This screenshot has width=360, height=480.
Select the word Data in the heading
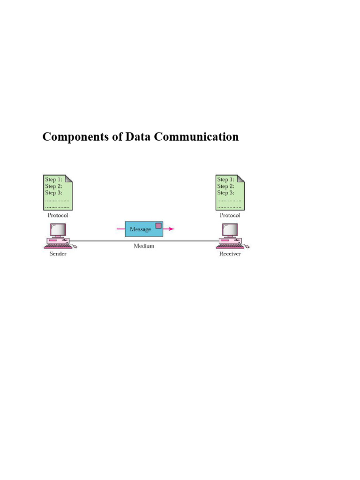[138, 137]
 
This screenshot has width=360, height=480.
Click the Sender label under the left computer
[58, 254]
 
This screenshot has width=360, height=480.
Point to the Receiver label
[230, 254]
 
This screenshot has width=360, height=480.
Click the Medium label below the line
[143, 246]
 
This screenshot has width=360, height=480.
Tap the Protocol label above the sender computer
[58, 216]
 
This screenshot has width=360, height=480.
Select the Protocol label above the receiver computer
[230, 216]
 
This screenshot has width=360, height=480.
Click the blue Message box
[141, 229]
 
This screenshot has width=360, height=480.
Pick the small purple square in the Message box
[158, 226]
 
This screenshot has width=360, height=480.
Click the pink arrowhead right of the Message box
[172, 229]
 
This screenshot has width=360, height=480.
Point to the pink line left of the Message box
[120, 229]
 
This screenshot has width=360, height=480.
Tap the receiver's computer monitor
[231, 230]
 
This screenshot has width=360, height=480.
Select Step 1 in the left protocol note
[53, 180]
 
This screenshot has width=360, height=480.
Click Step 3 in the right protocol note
[225, 193]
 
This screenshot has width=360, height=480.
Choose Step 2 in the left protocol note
[53, 186]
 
